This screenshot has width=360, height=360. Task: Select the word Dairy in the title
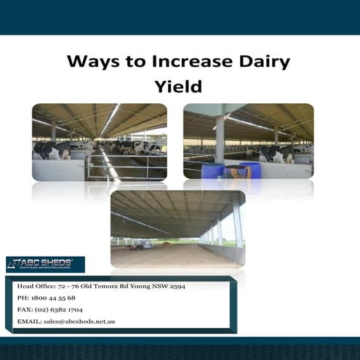coord(263,61)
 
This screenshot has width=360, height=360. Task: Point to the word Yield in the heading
coord(178,87)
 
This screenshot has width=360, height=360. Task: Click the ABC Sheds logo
coord(45,264)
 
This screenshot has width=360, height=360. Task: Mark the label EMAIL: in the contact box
coord(29,321)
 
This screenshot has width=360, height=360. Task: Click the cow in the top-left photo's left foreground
coord(52,151)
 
